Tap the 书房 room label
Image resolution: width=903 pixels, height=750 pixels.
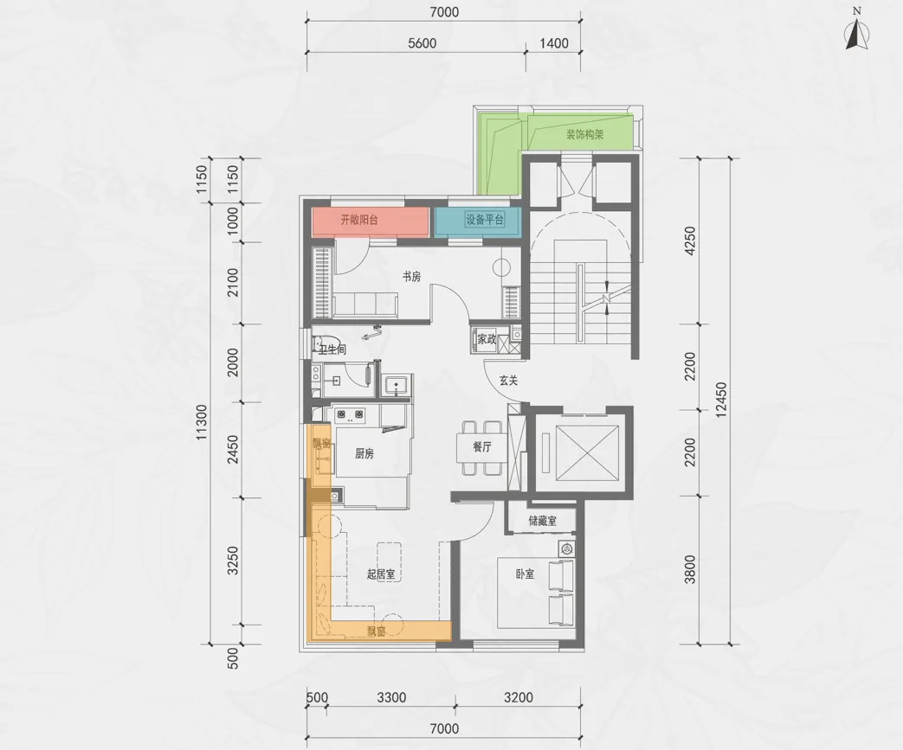411,277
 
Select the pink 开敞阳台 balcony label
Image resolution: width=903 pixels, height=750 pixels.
358,220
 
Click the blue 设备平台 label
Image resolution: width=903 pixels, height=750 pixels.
484,220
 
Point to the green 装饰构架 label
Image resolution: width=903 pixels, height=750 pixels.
584,135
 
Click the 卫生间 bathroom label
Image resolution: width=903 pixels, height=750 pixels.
332,349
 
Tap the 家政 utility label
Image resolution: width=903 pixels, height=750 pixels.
487,339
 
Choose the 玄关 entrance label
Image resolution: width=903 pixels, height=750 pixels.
508,381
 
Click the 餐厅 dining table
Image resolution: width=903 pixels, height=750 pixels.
482,447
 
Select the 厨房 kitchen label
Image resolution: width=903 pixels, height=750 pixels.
364,453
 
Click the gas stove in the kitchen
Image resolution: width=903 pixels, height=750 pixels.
350,413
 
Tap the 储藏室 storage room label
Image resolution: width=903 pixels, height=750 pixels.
543,521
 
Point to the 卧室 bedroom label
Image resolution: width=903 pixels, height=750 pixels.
525,574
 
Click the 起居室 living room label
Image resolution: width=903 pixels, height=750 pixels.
381,574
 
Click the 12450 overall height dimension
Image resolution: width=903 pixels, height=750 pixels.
721,400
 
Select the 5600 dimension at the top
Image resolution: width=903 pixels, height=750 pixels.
422,43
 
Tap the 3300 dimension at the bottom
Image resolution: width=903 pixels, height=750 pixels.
391,697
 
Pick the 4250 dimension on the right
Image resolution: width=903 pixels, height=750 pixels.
690,240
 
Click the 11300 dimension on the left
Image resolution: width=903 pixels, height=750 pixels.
201,422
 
